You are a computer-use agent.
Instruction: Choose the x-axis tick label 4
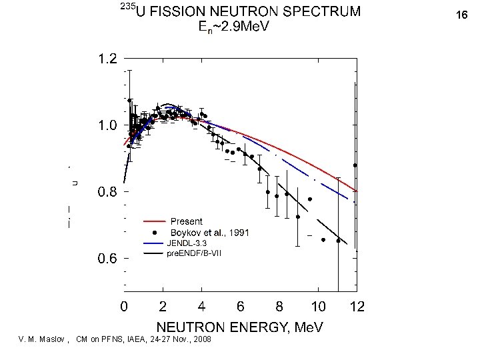202,307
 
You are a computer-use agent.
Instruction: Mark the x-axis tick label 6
241,307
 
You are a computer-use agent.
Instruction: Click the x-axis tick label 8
279,307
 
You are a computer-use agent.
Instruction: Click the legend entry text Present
187,221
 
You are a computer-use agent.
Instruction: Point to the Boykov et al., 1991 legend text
210,232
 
